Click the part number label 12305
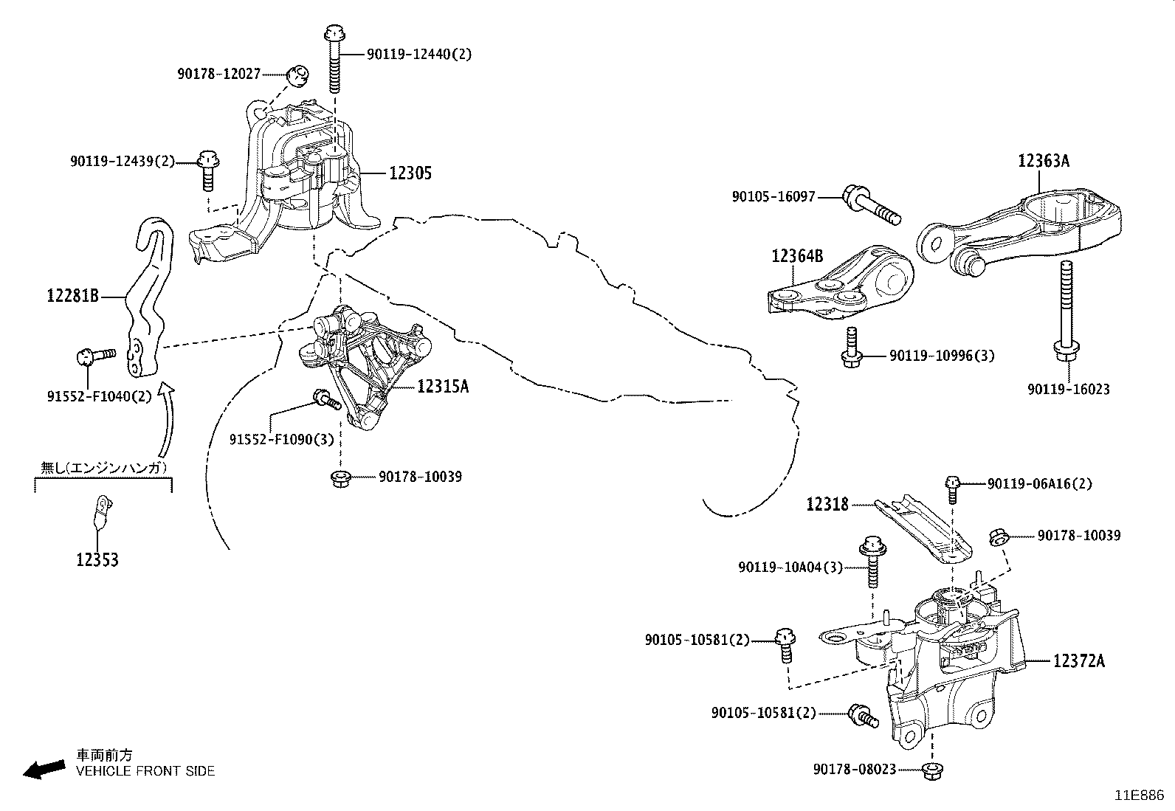(410, 173)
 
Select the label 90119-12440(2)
(418, 54)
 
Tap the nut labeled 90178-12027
(298, 74)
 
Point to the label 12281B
(72, 296)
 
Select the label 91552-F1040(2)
(99, 396)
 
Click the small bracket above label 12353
(101, 511)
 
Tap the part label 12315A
(443, 386)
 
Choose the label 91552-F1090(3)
(281, 440)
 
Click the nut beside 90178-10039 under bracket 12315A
(341, 477)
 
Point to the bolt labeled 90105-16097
(871, 204)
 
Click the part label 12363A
(1043, 161)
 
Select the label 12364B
(797, 256)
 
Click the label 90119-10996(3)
(941, 356)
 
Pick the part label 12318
(827, 504)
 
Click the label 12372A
(1078, 661)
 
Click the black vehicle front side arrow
(43, 769)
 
